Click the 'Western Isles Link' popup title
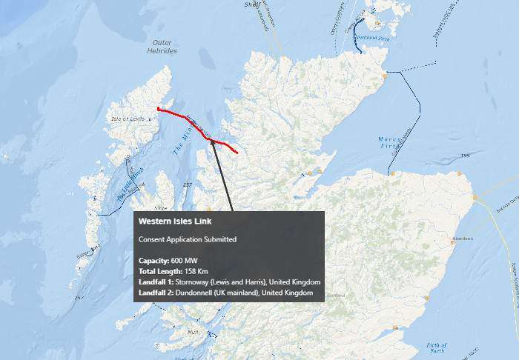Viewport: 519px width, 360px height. tap(175, 221)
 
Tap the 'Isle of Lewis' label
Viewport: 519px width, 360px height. tap(128, 119)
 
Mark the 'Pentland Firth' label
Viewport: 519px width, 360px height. tap(372, 37)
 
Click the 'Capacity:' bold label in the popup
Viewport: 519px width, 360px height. tap(154, 261)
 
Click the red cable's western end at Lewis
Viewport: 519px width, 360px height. tap(159, 110)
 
